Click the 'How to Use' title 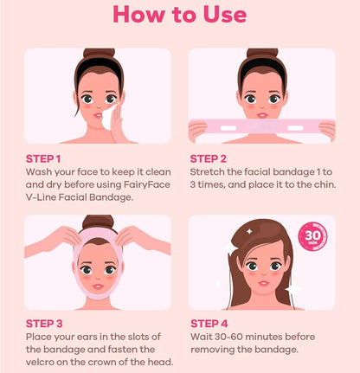(180, 14)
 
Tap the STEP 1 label (43, 158)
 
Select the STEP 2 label (208, 158)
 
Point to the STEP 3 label (44, 324)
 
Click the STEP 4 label (209, 324)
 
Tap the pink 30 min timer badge (312, 236)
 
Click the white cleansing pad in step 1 (109, 118)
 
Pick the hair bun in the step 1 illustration (99, 54)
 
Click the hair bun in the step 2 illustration (262, 54)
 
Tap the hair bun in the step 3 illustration (98, 222)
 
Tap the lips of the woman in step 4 (263, 283)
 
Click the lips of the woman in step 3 (98, 286)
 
